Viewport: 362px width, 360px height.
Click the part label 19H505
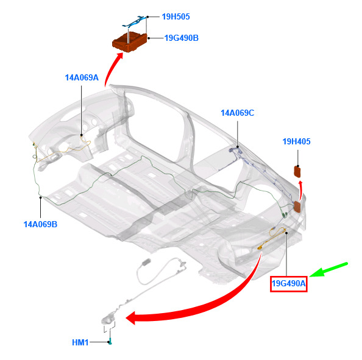(176, 16)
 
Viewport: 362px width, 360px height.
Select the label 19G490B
(181, 38)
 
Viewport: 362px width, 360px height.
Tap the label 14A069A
(82, 77)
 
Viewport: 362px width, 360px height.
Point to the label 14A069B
(40, 224)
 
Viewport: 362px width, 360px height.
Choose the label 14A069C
(238, 113)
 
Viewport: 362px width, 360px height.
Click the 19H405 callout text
(296, 141)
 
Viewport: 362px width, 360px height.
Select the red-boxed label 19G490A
(289, 284)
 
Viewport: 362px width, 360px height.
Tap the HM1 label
(80, 342)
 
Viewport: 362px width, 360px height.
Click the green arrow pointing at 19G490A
(328, 269)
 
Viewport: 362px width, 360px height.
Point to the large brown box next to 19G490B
(129, 42)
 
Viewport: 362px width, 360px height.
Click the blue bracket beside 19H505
(135, 21)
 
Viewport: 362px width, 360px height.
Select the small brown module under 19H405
(297, 172)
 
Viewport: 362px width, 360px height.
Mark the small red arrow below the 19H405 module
(300, 191)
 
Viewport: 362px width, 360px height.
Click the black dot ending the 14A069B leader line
(41, 197)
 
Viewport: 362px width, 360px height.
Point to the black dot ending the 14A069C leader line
(238, 147)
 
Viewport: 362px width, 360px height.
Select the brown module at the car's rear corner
(297, 206)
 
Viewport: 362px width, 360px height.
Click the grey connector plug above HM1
(146, 262)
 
